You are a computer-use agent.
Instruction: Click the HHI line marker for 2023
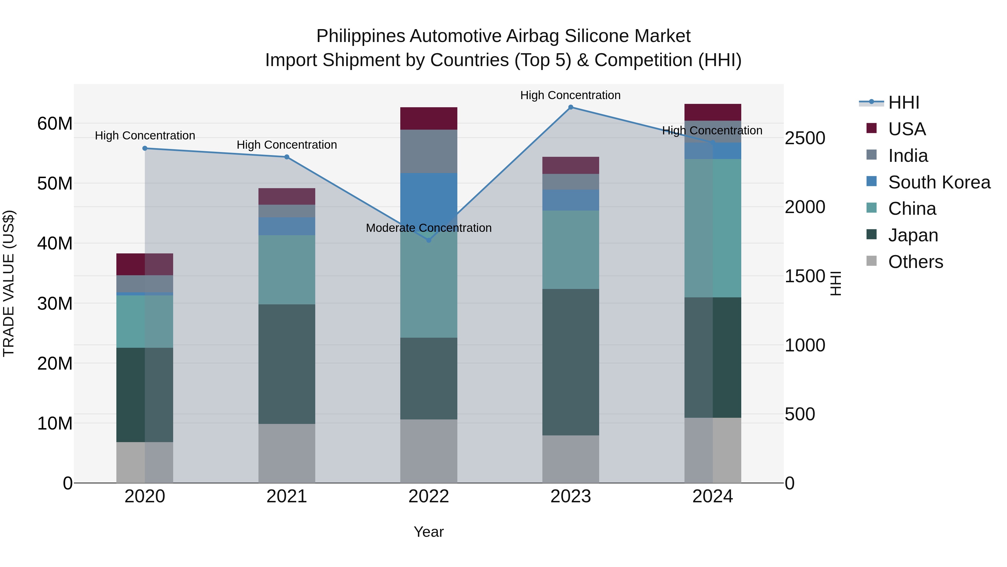point(570,107)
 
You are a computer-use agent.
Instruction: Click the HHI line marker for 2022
point(429,240)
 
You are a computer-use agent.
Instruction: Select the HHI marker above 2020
point(145,148)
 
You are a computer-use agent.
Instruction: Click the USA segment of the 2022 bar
point(429,118)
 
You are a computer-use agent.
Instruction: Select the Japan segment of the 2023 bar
point(570,362)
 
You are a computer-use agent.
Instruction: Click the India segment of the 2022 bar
point(429,151)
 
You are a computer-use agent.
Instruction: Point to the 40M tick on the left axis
point(55,243)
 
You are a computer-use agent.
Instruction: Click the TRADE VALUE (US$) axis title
point(9,283)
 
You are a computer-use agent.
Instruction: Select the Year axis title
point(429,532)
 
